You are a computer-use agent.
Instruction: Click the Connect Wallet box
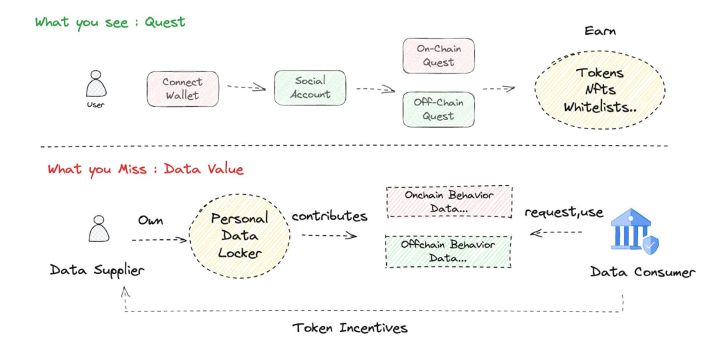182,89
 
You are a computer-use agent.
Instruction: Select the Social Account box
310,88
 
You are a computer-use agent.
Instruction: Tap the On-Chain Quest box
439,55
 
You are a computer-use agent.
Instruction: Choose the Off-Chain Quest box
439,110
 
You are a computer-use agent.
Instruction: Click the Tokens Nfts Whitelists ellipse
600,89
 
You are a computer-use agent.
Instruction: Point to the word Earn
600,31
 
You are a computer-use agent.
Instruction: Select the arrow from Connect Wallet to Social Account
246,87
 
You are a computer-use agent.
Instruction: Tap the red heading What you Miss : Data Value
146,169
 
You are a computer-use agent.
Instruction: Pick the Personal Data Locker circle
239,236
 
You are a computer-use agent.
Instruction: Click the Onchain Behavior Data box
449,202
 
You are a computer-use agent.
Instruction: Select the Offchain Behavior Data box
449,251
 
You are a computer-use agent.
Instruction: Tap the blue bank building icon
634,231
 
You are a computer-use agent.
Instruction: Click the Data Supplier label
97,271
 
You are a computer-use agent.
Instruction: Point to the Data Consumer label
643,272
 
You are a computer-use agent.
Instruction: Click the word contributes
329,216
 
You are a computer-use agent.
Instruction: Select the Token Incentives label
349,327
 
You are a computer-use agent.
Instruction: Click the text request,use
564,212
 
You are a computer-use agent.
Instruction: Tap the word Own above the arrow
150,221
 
